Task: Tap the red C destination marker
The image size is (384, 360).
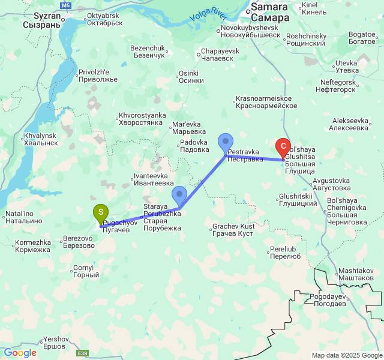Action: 283,146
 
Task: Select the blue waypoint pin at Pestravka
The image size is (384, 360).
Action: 226,142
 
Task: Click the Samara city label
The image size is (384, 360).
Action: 269,12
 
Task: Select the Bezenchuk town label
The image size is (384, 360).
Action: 148,52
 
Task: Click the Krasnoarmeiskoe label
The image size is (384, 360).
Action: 263,102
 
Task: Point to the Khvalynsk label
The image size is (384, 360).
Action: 41,139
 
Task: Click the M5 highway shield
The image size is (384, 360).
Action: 66,5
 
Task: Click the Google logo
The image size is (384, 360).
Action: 19,353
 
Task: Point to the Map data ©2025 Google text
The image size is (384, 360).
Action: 346,355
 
